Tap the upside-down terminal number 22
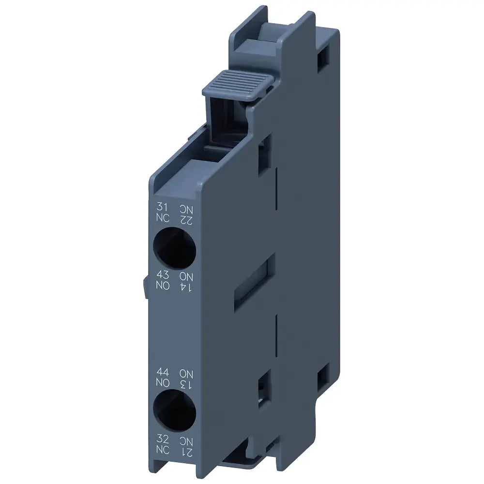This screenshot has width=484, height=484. (186, 220)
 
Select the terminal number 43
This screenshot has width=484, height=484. (162, 276)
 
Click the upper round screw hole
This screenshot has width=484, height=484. (175, 248)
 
